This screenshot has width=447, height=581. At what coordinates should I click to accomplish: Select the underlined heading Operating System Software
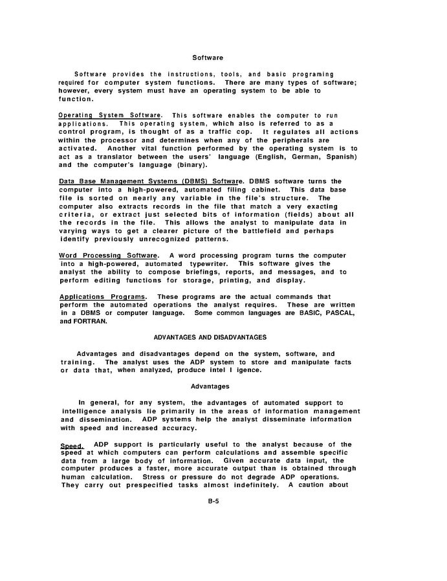coord(110,115)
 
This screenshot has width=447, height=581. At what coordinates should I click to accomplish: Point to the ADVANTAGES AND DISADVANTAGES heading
coord(210,338)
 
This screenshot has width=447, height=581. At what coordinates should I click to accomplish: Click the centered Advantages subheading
coord(210,386)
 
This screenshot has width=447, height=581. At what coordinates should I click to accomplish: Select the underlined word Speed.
coord(72,445)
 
